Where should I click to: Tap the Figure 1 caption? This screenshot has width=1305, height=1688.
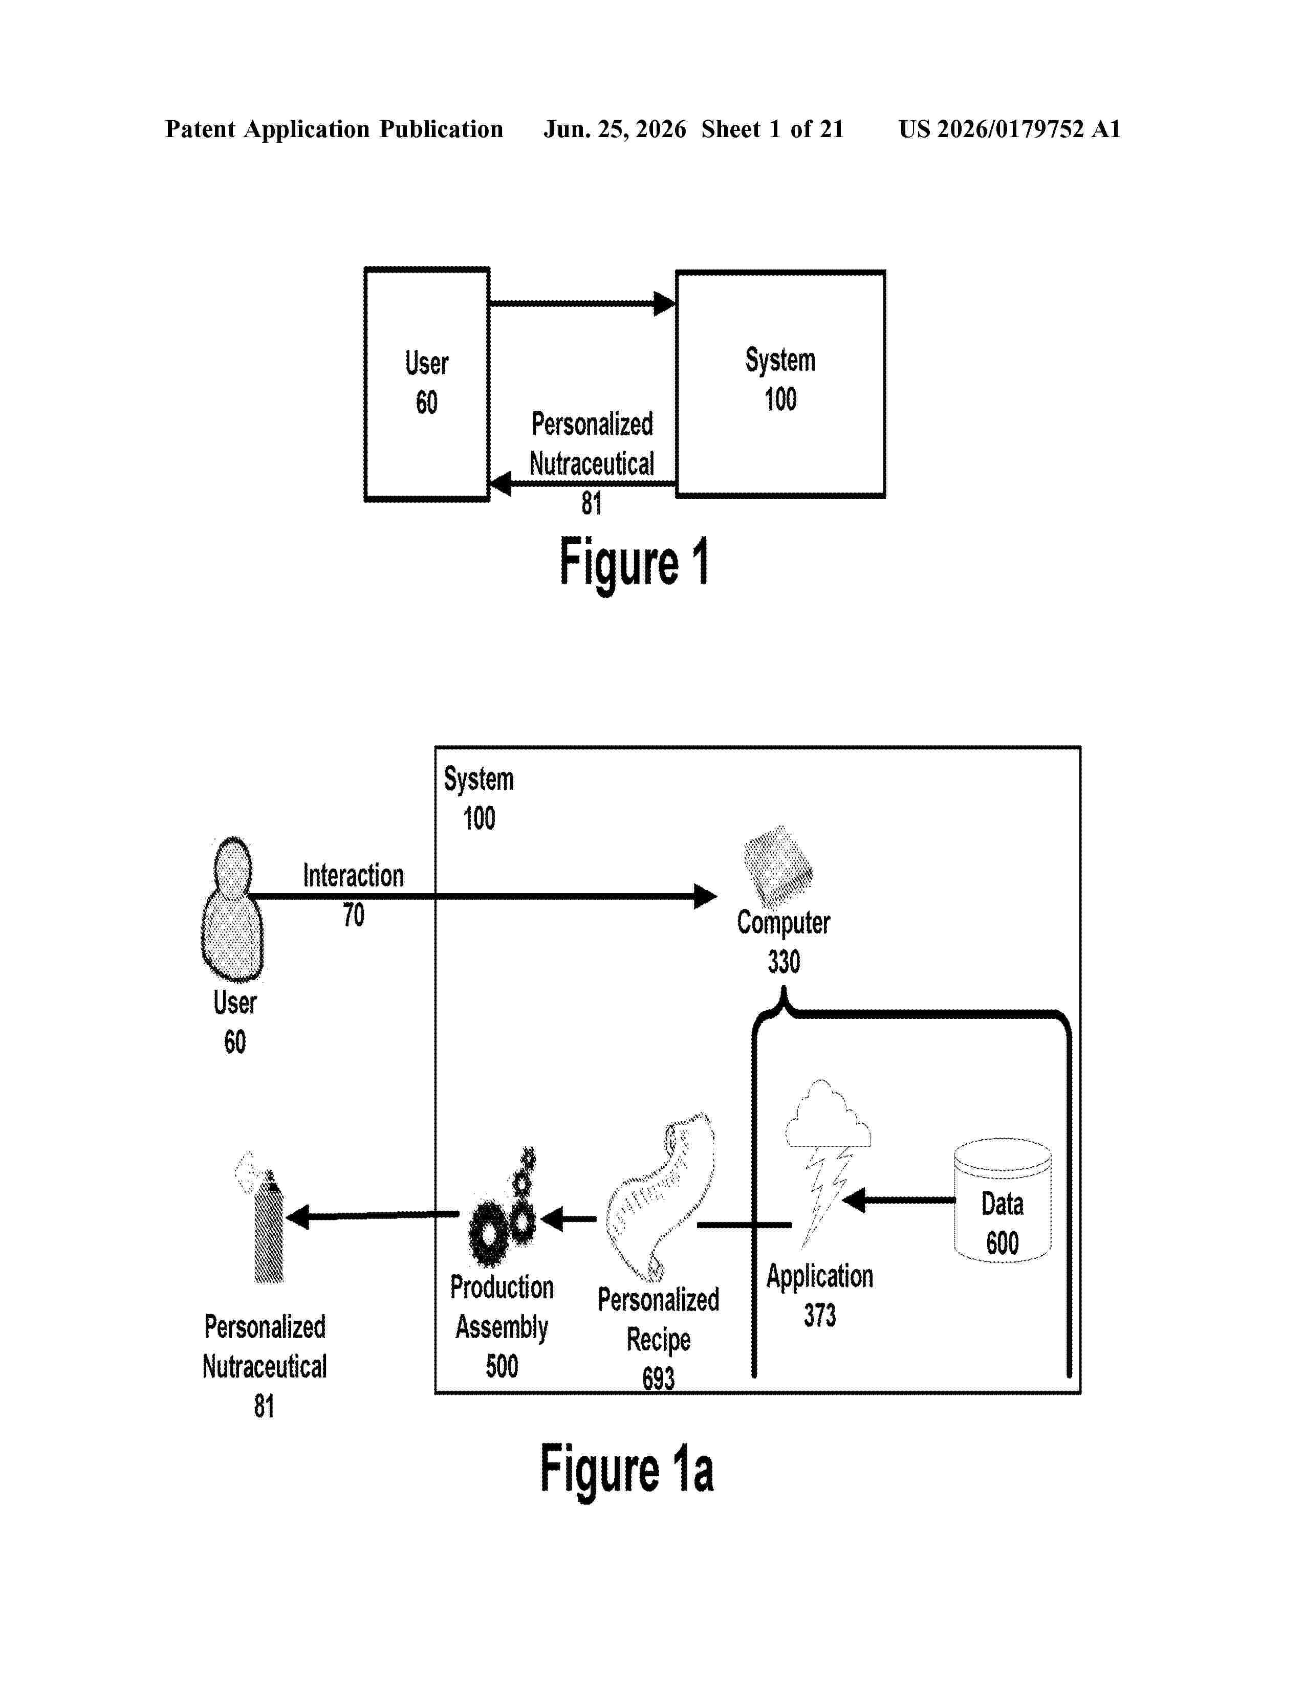pos(634,564)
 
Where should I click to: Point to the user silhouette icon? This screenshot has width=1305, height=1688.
pos(232,909)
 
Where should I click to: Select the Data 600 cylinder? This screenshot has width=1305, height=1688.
pos(1002,1200)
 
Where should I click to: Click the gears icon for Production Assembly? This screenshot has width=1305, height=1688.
pos(503,1212)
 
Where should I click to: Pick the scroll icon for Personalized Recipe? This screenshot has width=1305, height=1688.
pos(660,1196)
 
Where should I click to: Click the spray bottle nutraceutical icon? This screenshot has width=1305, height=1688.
pos(263,1217)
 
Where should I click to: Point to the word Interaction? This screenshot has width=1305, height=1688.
pos(353,876)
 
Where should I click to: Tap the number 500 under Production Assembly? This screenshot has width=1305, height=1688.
pos(502,1366)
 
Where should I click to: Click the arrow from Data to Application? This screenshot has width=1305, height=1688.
pos(898,1201)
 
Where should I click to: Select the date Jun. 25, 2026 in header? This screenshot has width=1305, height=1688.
pos(615,129)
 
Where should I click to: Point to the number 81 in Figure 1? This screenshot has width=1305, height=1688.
pos(592,503)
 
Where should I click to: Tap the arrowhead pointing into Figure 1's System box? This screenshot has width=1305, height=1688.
pos(665,304)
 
